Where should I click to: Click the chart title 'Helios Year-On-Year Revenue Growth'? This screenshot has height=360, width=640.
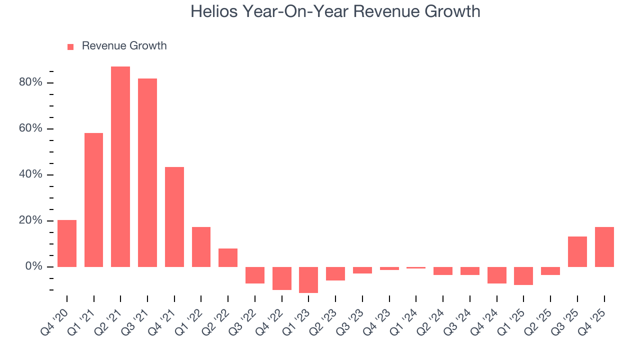[x=335, y=11]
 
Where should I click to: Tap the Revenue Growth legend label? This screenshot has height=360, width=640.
[x=124, y=46]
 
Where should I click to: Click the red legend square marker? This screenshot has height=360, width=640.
[x=70, y=46]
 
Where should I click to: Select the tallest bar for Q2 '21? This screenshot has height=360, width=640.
[x=120, y=166]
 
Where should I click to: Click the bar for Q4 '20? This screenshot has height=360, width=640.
[x=67, y=243]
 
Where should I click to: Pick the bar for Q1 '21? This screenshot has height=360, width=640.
[x=93, y=200]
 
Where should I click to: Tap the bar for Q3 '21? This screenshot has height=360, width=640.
[x=147, y=172]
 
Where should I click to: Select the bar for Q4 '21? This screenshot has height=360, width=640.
[x=174, y=217]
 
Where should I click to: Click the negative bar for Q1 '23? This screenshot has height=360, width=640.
[x=308, y=279]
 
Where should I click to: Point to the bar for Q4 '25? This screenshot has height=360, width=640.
[x=604, y=247]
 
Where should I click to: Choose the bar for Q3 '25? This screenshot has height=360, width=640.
[x=577, y=251]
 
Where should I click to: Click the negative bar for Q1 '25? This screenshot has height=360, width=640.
[x=523, y=276]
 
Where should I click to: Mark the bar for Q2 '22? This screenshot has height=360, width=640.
[x=228, y=257]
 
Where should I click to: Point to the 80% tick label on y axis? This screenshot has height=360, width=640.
[x=30, y=82]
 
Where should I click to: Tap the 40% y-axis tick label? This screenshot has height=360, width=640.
[x=30, y=174]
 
